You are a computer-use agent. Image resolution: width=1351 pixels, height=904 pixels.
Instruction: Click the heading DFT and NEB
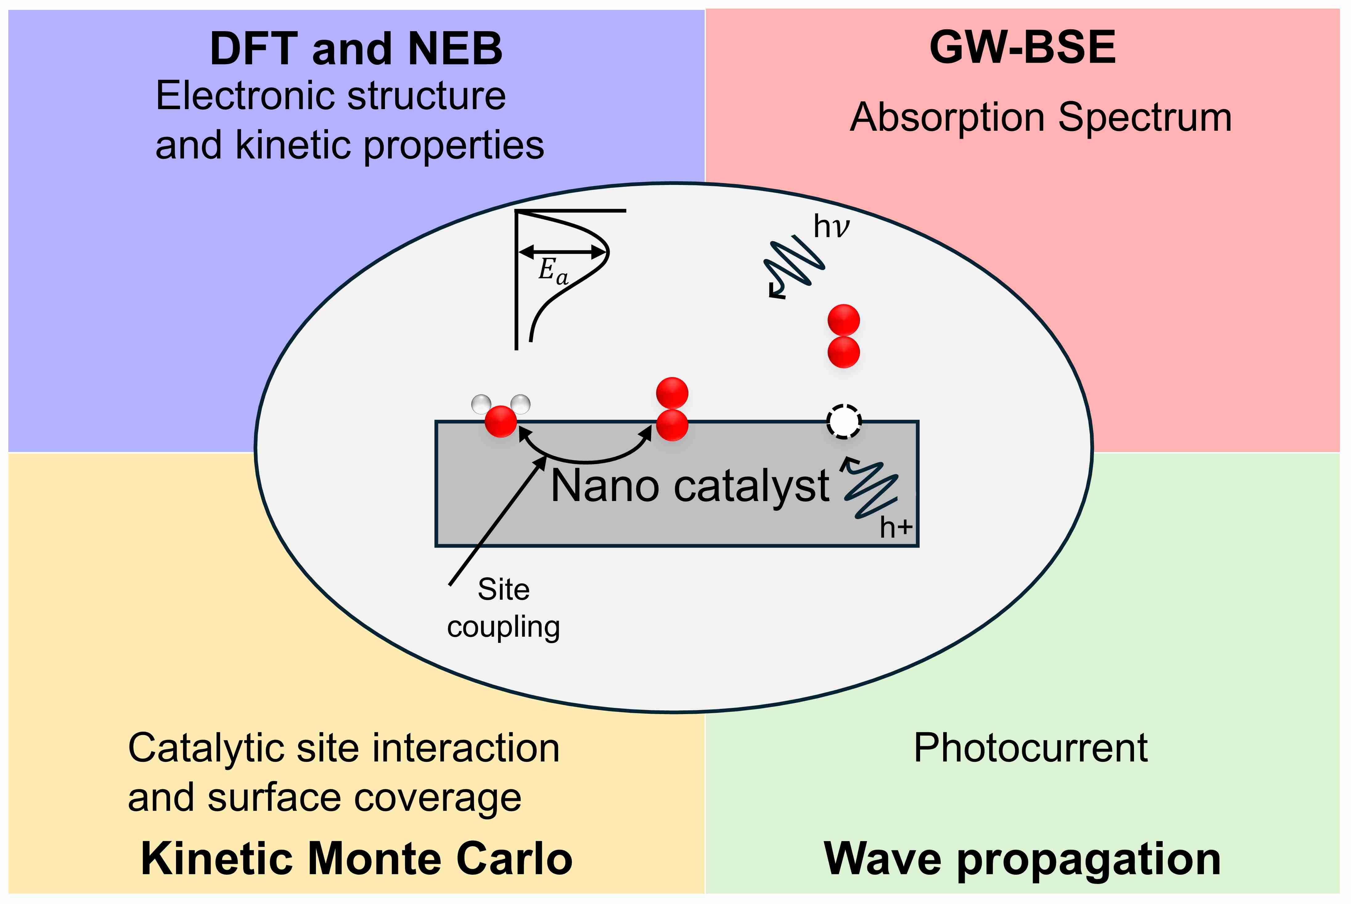[356, 49]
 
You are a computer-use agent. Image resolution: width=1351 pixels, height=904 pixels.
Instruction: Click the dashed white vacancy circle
[844, 422]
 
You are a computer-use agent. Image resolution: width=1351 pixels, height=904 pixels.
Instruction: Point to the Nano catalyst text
[690, 486]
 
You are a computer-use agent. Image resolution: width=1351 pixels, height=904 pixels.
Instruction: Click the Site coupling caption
[503, 608]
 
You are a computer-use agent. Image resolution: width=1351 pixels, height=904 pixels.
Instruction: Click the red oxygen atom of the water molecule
[500, 421]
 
